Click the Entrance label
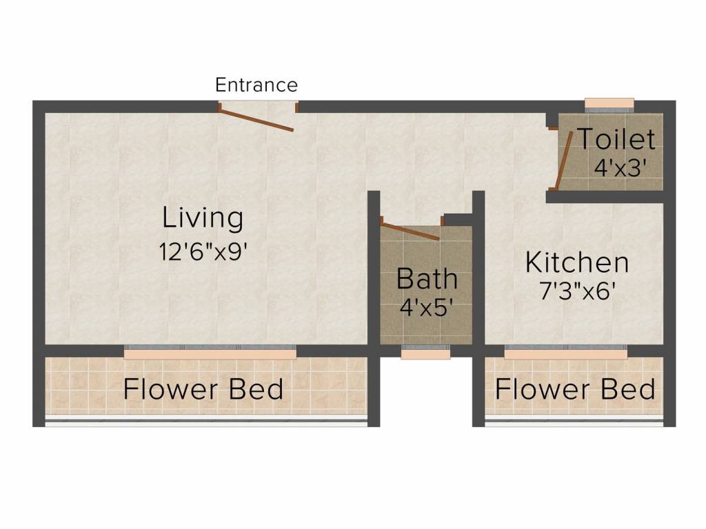pyautogui.click(x=256, y=85)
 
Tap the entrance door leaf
pyautogui.click(x=257, y=118)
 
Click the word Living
pyautogui.click(x=203, y=218)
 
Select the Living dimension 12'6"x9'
pyautogui.click(x=203, y=251)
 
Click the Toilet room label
pyautogui.click(x=616, y=139)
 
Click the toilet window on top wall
pyautogui.click(x=609, y=103)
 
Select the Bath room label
pyautogui.click(x=427, y=279)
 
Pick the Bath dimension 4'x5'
pyautogui.click(x=427, y=307)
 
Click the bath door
pyautogui.click(x=410, y=231)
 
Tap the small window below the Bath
pyautogui.click(x=416, y=353)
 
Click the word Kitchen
pyautogui.click(x=576, y=262)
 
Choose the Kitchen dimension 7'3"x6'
pyautogui.click(x=576, y=291)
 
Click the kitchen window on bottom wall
pyautogui.click(x=565, y=352)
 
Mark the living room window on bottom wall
pyautogui.click(x=210, y=352)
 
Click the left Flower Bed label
pyautogui.click(x=203, y=389)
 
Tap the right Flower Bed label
pyautogui.click(x=574, y=389)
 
